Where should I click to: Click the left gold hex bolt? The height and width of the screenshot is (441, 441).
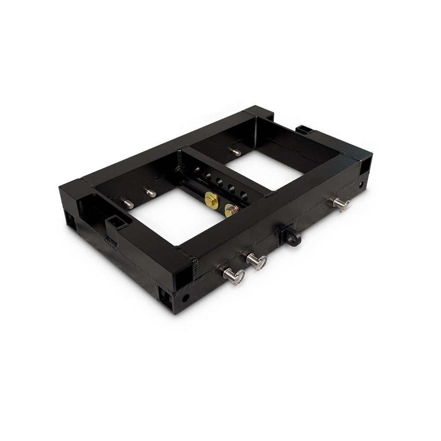click(x=212, y=201)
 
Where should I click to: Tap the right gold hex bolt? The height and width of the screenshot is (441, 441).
click(x=231, y=209)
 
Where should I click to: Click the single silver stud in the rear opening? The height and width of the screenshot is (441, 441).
click(x=236, y=152)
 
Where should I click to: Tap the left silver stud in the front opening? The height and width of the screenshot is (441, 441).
click(x=128, y=203)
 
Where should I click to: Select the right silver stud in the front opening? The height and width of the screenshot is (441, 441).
click(x=150, y=192)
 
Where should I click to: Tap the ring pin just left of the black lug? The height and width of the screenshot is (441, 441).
click(x=256, y=261)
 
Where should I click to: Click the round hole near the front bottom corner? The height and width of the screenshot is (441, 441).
click(x=186, y=298)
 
